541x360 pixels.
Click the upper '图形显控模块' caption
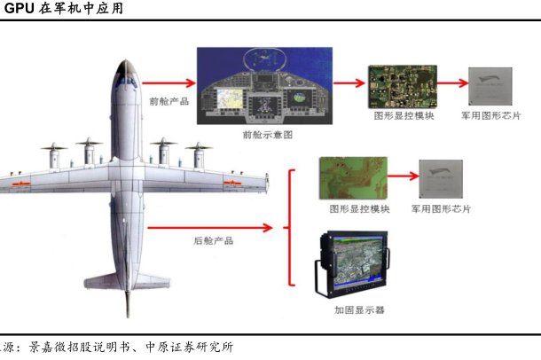point(399,116)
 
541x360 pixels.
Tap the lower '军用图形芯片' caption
point(441,209)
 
